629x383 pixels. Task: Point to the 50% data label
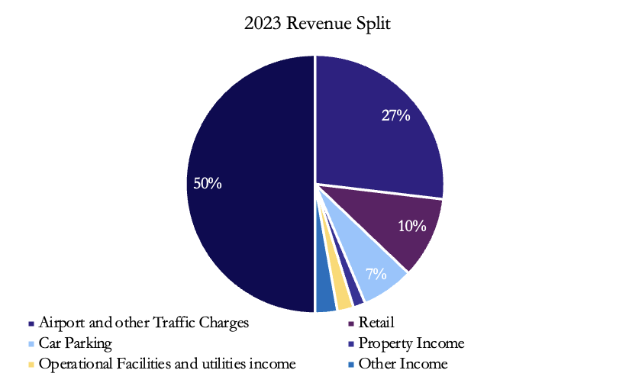207,183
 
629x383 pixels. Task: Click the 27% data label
396,116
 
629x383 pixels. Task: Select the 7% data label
376,273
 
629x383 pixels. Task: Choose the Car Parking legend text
76,343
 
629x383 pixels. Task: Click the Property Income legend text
411,343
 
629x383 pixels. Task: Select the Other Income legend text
402,364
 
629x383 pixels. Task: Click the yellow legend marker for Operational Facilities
31,365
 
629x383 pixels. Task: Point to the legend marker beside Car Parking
31,344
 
